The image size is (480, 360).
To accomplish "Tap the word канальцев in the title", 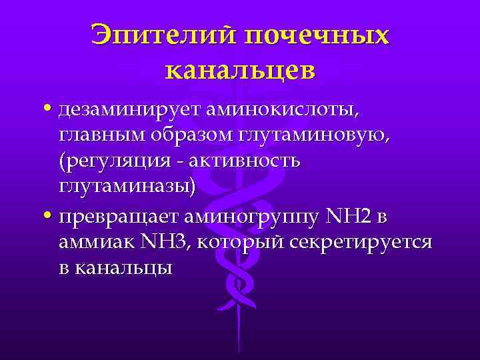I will click(240, 69).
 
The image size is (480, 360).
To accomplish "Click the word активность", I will click(247, 161).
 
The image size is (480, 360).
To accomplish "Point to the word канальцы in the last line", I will click(123, 268).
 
